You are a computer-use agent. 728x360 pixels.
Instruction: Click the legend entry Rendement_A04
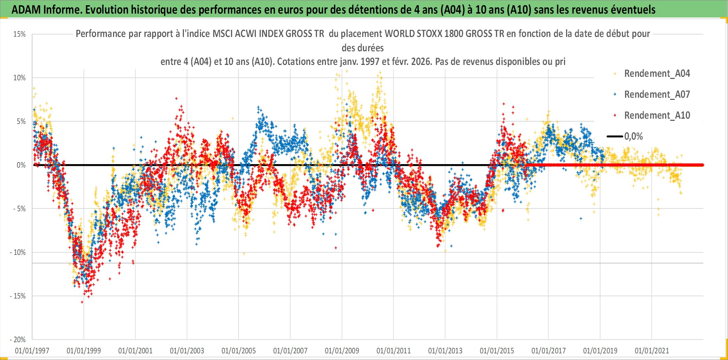point(657,74)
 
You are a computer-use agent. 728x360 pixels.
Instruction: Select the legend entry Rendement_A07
point(657,95)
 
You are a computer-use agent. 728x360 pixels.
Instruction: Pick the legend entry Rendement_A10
point(657,116)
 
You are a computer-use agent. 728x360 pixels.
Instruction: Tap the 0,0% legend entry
point(633,137)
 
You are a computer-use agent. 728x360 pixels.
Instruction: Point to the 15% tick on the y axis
point(20,34)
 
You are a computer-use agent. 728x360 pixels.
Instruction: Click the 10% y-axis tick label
point(20,78)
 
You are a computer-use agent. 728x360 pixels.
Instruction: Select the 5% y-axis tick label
point(21,122)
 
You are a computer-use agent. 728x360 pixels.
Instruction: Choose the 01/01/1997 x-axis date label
point(32,351)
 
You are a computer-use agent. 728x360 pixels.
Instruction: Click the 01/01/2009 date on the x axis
point(342,351)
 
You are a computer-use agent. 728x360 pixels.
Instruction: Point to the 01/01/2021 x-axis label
point(652,351)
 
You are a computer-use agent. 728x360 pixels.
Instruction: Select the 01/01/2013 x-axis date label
point(445,351)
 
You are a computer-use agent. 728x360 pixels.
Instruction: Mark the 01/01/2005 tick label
point(239,351)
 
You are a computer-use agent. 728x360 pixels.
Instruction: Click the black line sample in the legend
point(615,137)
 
